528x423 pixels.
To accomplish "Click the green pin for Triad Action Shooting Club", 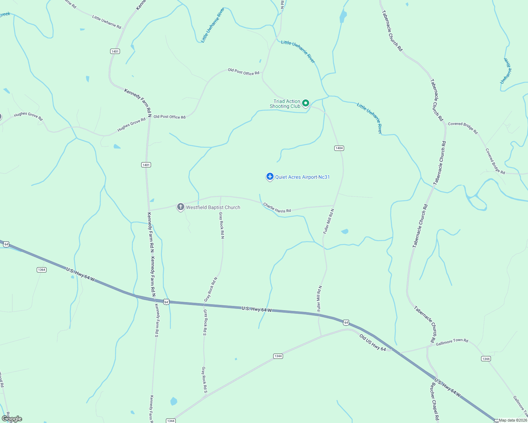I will (306, 103).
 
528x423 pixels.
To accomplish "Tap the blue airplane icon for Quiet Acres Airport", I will (270, 176).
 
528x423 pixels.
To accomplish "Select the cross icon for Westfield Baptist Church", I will (180, 207).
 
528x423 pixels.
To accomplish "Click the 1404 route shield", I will (339, 148).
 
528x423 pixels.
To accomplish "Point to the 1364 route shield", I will (42, 270).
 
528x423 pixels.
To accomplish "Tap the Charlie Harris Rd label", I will (277, 208).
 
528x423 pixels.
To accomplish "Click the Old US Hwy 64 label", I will (373, 343).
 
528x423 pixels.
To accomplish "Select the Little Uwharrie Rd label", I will (107, 22).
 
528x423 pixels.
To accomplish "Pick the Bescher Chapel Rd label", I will (434, 401).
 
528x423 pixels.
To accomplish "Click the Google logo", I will (12, 419).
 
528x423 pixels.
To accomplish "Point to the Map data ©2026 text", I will (513, 420).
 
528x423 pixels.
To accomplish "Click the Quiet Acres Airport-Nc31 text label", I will (302, 177).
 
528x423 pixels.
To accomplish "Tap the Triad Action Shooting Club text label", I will (285, 104).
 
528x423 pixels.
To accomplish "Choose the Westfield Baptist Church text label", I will (213, 207).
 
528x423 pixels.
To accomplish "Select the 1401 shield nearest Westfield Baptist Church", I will (146, 165).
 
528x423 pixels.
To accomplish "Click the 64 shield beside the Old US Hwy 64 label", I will (346, 323).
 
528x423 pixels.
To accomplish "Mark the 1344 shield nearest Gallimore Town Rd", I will (486, 358).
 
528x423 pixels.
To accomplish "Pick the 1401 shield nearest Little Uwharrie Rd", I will (115, 51).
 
